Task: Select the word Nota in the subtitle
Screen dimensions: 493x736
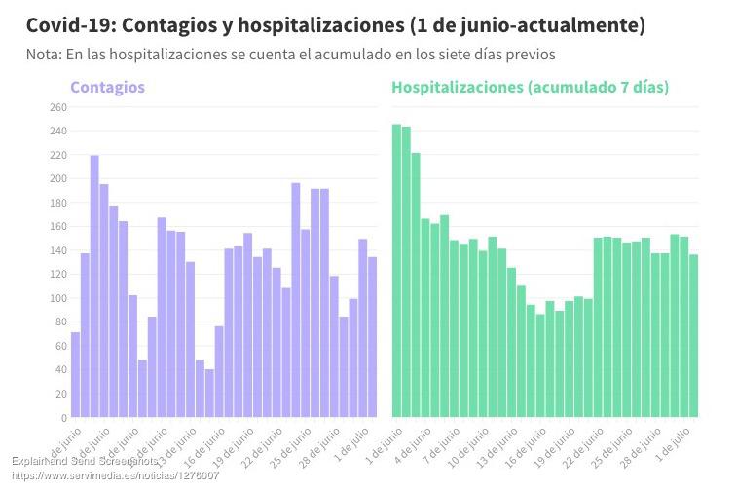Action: (x=44, y=55)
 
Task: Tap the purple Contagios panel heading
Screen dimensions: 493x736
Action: (x=107, y=88)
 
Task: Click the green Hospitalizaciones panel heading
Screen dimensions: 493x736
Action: (x=530, y=88)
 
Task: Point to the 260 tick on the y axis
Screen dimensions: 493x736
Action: (x=58, y=107)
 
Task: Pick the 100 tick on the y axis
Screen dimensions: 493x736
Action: (x=58, y=298)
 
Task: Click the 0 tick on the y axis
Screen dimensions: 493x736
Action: (x=63, y=418)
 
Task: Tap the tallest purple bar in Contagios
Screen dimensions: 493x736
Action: (x=94, y=286)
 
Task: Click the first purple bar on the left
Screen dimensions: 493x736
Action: (x=75, y=375)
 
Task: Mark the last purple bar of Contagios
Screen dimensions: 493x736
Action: (x=372, y=337)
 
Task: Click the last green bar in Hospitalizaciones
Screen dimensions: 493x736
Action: (x=693, y=336)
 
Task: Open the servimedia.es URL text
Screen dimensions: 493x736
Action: (x=115, y=475)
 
